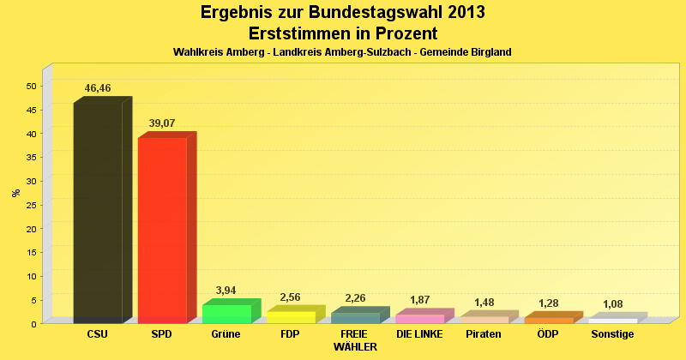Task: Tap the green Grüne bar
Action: coord(226,314)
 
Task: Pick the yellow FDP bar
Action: coord(291,317)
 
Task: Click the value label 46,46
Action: coord(98,88)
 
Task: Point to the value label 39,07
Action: coord(162,123)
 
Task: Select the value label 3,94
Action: coord(226,291)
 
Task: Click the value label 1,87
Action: coord(419,300)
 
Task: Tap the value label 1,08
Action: coord(612,304)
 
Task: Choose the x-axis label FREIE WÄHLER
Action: coord(355,340)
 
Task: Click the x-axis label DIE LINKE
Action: coord(419,334)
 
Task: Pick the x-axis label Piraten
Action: coord(484,334)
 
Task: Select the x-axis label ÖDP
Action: coord(548,334)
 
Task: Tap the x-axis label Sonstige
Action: coord(612,334)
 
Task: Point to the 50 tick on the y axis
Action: coord(31,87)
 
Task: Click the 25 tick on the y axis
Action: coord(31,205)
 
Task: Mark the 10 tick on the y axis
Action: coord(31,276)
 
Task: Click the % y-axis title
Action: coord(15,193)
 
